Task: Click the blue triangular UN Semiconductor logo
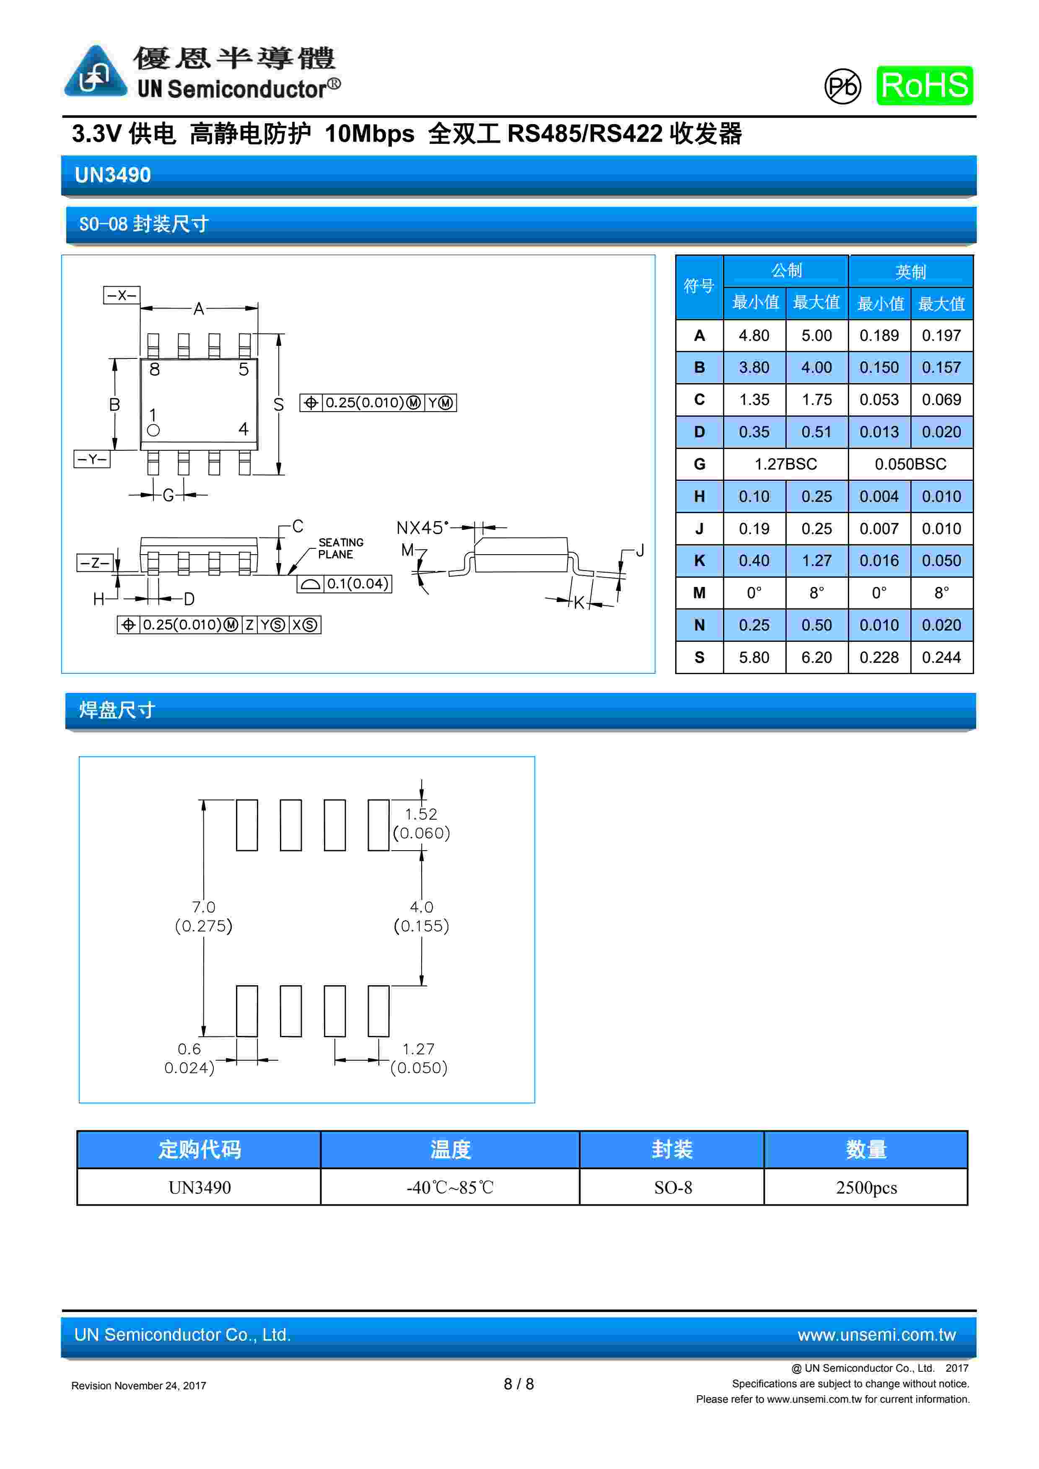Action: [95, 72]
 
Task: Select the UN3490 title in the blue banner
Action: [113, 175]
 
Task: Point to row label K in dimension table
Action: [699, 561]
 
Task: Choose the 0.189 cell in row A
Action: [878, 335]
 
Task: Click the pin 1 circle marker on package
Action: [153, 431]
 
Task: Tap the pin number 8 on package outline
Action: [154, 370]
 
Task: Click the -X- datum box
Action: [122, 295]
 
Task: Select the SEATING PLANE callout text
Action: [340, 548]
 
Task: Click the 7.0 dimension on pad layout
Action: [203, 907]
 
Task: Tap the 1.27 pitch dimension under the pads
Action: [418, 1049]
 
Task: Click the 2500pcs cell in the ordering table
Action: [865, 1188]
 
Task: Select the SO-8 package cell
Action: [672, 1188]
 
